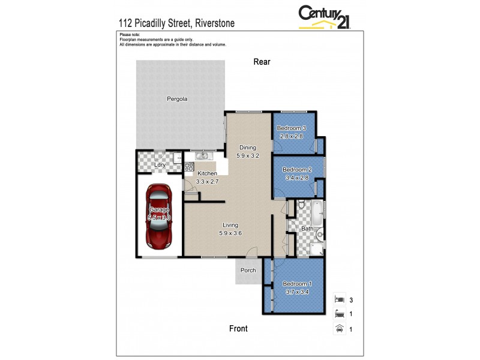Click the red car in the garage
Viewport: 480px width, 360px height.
(x=160, y=216)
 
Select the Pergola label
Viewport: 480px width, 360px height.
(x=177, y=99)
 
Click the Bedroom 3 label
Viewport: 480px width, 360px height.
(x=291, y=128)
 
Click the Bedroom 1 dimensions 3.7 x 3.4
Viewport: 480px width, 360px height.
(x=297, y=292)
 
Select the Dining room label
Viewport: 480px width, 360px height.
(x=248, y=148)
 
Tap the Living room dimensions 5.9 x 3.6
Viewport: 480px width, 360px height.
(x=231, y=233)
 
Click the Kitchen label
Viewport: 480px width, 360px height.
(x=207, y=173)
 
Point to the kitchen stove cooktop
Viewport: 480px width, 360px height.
(x=189, y=167)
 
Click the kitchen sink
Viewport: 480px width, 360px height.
(x=202, y=156)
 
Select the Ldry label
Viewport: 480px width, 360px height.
(x=160, y=164)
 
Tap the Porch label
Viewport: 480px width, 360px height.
(x=248, y=270)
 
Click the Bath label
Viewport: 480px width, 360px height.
(x=307, y=229)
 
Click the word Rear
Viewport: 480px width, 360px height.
(x=262, y=61)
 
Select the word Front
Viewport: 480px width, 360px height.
(x=238, y=328)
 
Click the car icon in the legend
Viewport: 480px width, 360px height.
(x=339, y=328)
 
